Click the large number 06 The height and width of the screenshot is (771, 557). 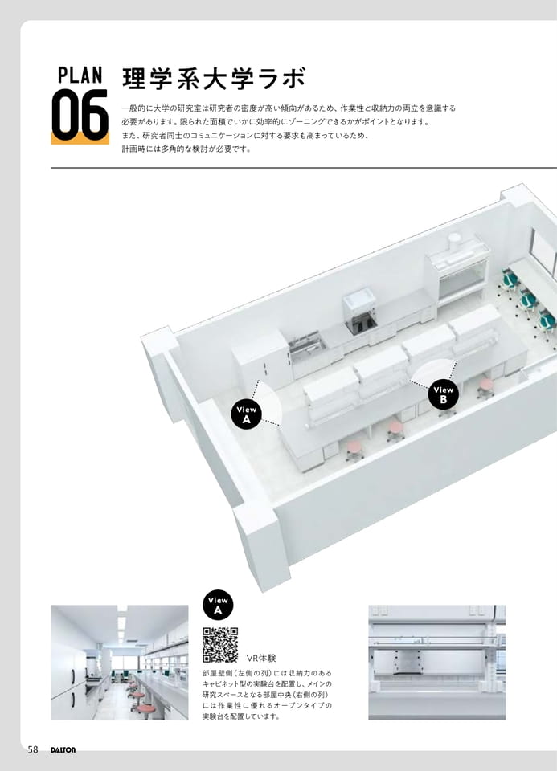(80, 115)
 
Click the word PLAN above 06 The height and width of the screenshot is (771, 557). (80, 75)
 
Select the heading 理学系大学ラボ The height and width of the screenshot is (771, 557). (214, 79)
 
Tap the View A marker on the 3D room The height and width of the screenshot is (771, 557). (247, 414)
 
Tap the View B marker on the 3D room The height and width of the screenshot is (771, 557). (444, 394)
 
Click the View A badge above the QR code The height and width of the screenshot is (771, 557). (218, 606)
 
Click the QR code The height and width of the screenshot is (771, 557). (220, 645)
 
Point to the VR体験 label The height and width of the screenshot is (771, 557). (261, 658)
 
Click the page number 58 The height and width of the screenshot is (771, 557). (33, 749)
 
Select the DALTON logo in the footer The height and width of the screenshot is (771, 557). (63, 750)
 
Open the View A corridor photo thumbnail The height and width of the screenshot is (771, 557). (120, 663)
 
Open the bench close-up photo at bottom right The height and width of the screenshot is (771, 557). (437, 663)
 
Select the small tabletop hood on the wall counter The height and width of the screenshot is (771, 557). (360, 312)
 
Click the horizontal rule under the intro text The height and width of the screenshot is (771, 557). (304, 168)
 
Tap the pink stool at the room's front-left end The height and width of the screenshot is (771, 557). (354, 450)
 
